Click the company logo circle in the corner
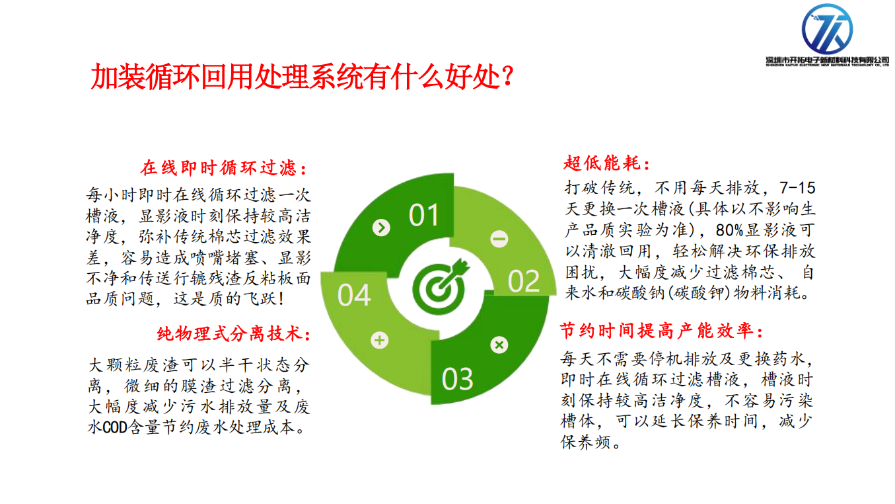click(x=827, y=29)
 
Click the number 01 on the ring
click(x=424, y=215)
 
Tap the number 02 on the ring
click(x=524, y=281)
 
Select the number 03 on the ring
click(x=458, y=379)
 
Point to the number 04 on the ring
click(x=354, y=296)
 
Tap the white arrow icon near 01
click(x=381, y=228)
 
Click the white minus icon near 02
click(x=499, y=239)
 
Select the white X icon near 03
click(x=499, y=345)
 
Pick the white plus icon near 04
click(x=380, y=341)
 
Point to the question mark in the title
click(x=507, y=76)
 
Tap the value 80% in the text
click(x=729, y=230)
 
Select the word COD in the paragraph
click(x=115, y=427)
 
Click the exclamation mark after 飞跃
click(x=282, y=298)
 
